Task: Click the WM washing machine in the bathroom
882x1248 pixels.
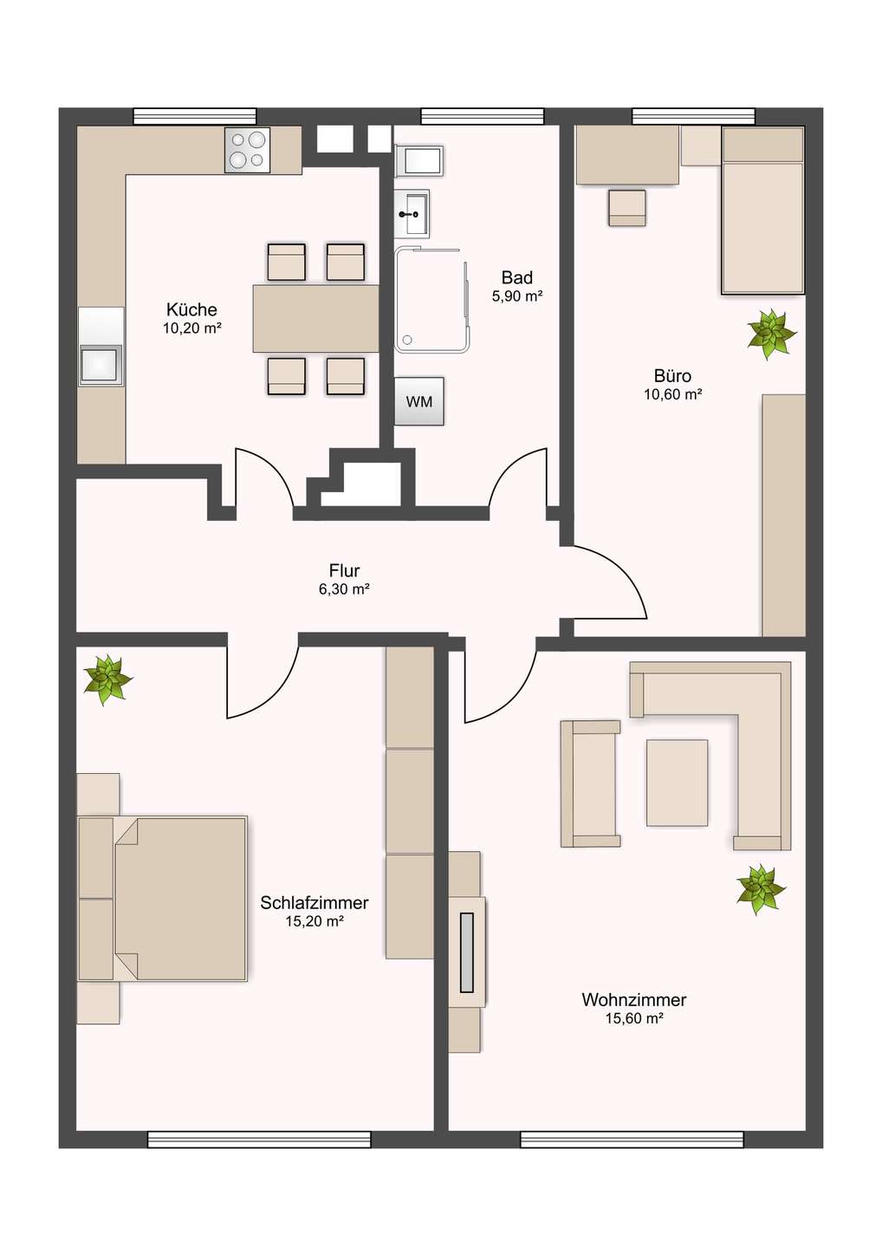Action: (x=419, y=401)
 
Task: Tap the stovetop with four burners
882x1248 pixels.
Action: (x=247, y=150)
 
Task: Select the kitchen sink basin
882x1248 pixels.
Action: (x=101, y=365)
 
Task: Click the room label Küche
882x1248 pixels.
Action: (x=191, y=309)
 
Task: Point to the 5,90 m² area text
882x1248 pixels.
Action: (x=517, y=296)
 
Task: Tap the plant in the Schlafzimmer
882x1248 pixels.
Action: (x=107, y=679)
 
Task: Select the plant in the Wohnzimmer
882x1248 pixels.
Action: (x=761, y=889)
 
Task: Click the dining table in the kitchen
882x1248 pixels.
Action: (x=315, y=318)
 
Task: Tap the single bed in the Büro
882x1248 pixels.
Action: (x=762, y=210)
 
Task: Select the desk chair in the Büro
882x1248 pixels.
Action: (x=627, y=208)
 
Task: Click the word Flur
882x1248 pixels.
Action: (x=344, y=570)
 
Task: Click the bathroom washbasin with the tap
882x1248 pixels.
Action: (x=412, y=213)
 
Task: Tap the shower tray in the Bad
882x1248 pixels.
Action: (x=432, y=301)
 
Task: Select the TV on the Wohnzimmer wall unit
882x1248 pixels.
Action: (x=467, y=952)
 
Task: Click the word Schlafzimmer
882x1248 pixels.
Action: (x=314, y=902)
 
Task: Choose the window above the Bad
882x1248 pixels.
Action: (x=483, y=116)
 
